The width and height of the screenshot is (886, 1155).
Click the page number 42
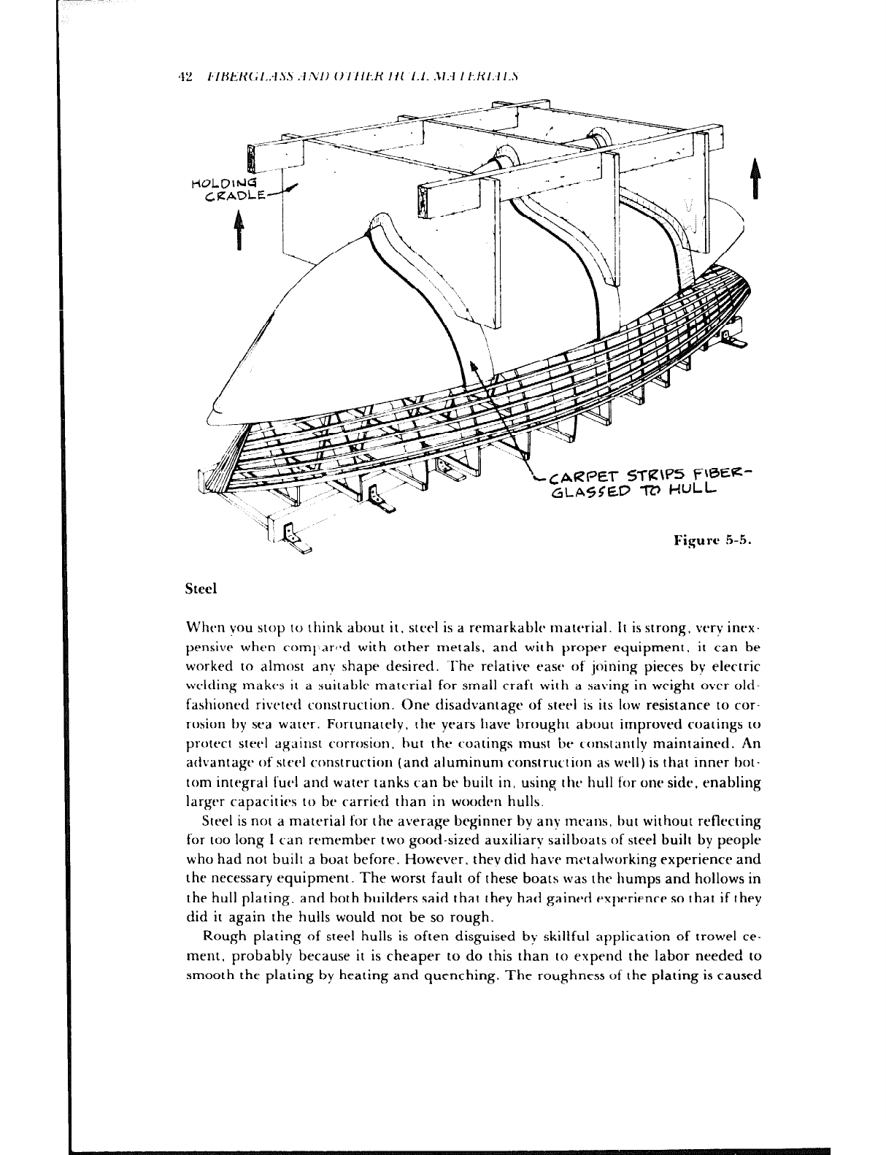coord(184,75)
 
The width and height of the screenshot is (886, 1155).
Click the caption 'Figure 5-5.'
coord(713,542)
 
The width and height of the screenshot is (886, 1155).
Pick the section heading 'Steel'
coord(202,588)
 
